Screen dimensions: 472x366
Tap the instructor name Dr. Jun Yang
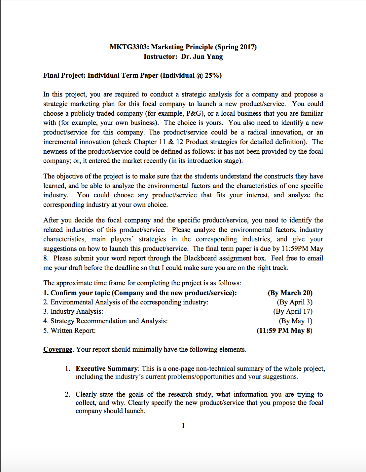click(202, 57)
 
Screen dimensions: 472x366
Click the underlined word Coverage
click(58, 349)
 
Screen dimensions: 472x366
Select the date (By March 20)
click(290, 293)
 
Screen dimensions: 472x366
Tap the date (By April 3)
click(294, 302)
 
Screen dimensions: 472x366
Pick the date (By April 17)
click(293, 311)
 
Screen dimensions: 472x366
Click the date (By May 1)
click(295, 321)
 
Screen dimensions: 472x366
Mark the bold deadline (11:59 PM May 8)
click(284, 331)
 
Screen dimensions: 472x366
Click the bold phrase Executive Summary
click(107, 369)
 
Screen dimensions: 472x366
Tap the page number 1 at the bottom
click(183, 426)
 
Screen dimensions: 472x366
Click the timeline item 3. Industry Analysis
click(73, 311)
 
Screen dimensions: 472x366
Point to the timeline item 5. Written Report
click(69, 331)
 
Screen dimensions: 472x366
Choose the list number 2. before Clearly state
click(67, 394)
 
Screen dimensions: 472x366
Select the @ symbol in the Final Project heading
click(200, 75)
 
